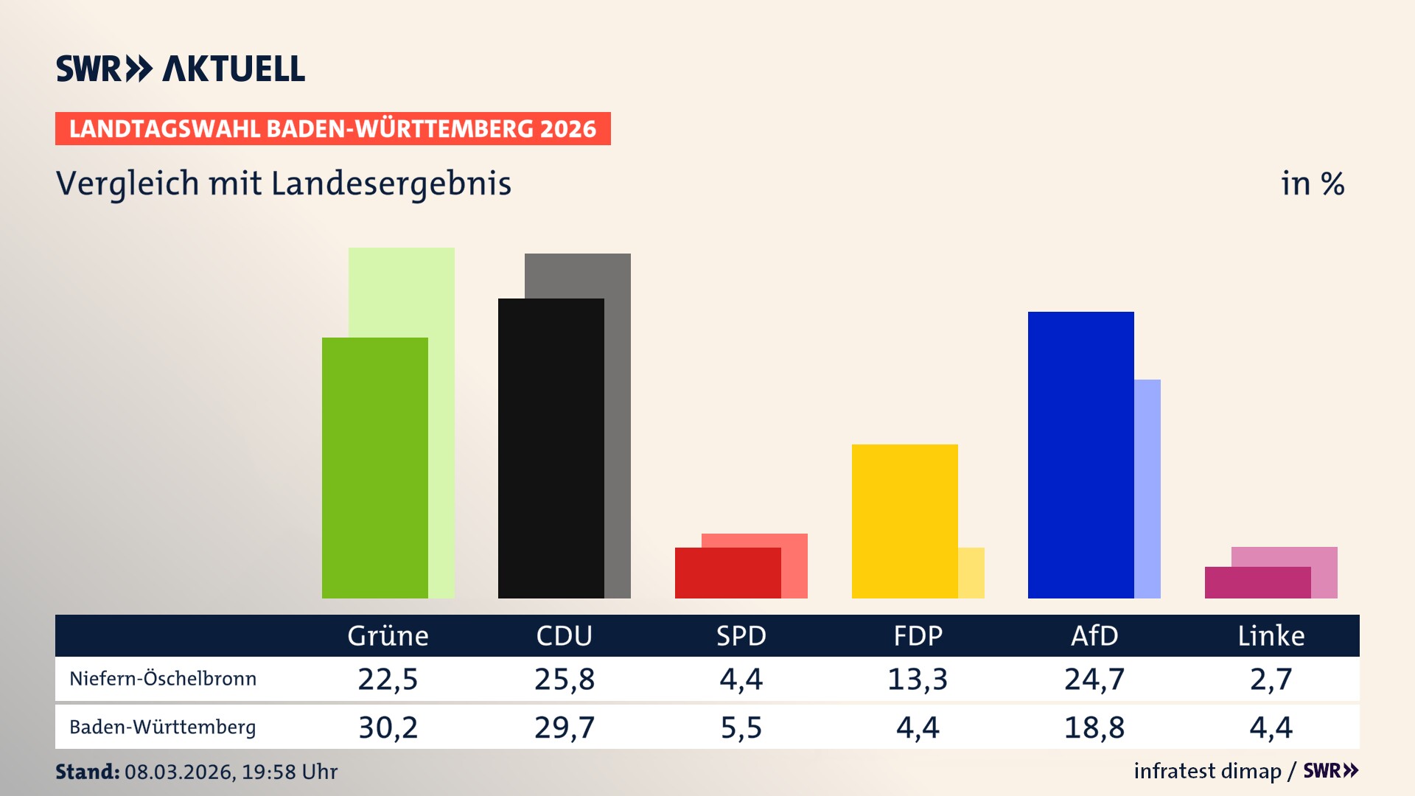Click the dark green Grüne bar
pyautogui.click(x=374, y=468)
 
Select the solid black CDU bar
pyautogui.click(x=551, y=448)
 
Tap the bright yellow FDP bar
pyautogui.click(x=904, y=521)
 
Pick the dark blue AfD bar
pyautogui.click(x=1080, y=455)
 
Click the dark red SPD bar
pyautogui.click(x=727, y=573)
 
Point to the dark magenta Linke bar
pyautogui.click(x=1257, y=583)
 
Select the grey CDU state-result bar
pyautogui.click(x=618, y=442)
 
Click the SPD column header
pyautogui.click(x=741, y=636)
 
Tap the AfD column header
pyautogui.click(x=1094, y=636)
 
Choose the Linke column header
pyautogui.click(x=1271, y=636)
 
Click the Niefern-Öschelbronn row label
pyautogui.click(x=163, y=679)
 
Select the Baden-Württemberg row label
pyautogui.click(x=163, y=727)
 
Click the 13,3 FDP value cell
pyautogui.click(x=918, y=679)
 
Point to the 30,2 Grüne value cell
pyautogui.click(x=388, y=727)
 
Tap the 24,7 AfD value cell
pyautogui.click(x=1094, y=679)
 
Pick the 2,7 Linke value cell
pyautogui.click(x=1271, y=679)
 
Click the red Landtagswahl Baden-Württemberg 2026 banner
pyautogui.click(x=332, y=129)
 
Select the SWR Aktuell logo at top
pyautogui.click(x=181, y=69)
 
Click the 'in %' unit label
pyautogui.click(x=1312, y=184)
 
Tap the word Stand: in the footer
pyautogui.click(x=87, y=772)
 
